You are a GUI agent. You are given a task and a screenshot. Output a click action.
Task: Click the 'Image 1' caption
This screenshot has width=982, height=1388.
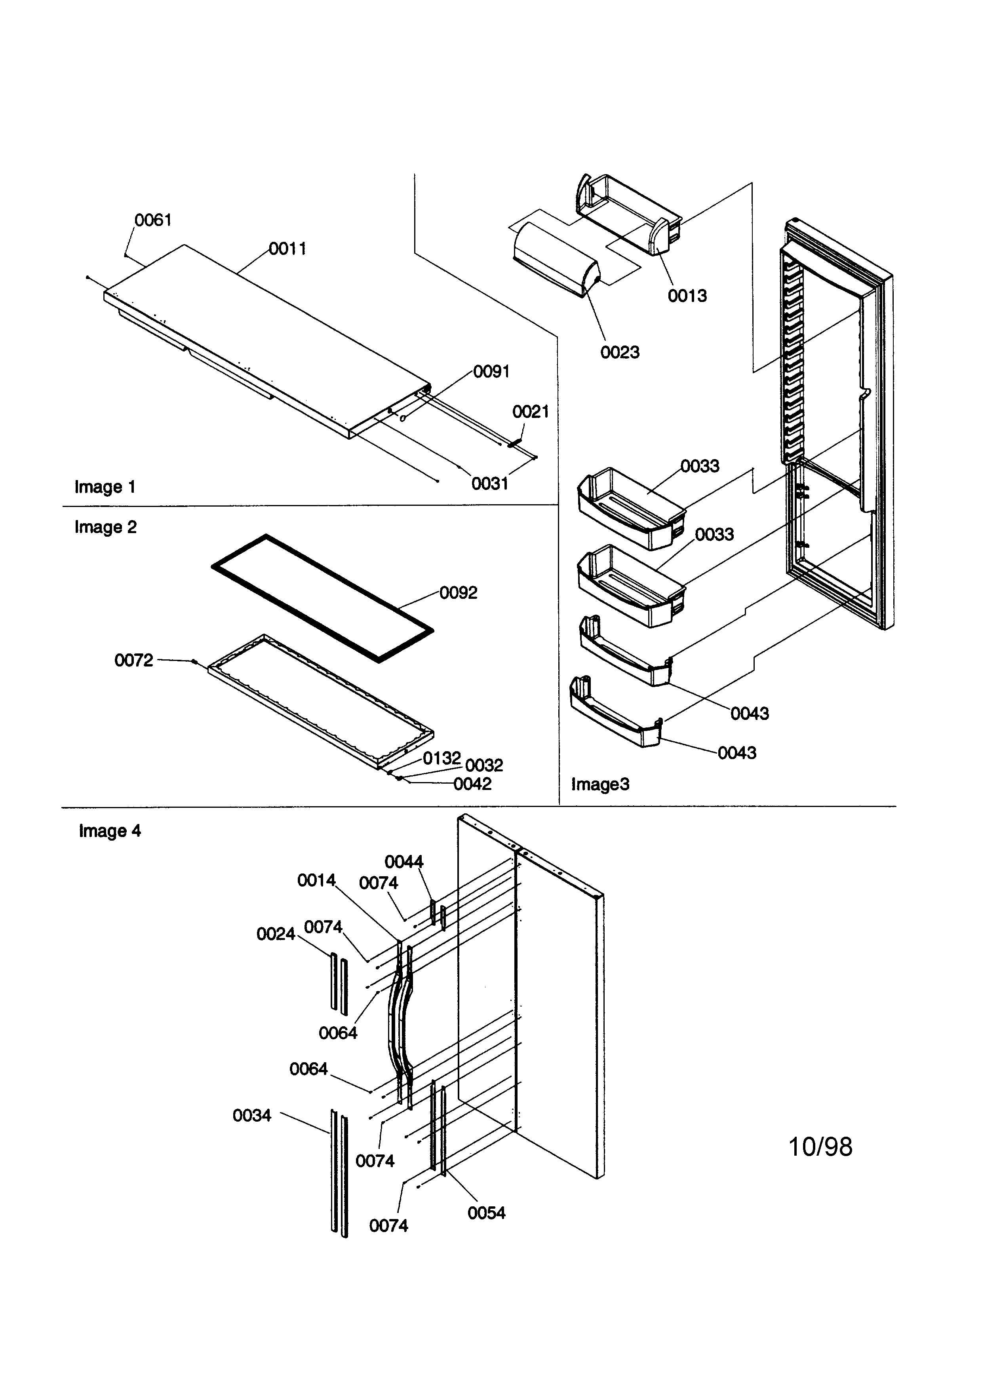point(105,487)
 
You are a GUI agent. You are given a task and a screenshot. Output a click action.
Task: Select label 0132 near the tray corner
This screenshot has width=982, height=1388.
point(442,758)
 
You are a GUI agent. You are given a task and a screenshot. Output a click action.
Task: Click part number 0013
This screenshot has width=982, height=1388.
point(687,296)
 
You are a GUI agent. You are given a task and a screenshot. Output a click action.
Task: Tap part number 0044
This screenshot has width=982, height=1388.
point(404,862)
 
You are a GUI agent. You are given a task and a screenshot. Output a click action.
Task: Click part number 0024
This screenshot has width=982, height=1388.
point(275,934)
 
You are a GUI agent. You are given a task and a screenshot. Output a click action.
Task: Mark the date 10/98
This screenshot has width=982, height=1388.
point(820,1147)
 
